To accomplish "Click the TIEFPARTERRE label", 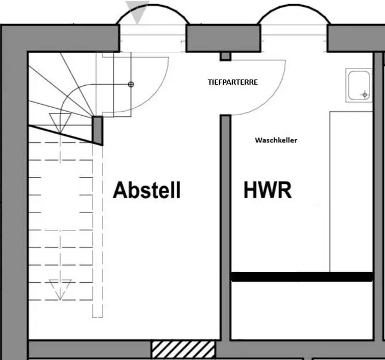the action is point(232,82).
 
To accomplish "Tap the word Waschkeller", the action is point(276,141).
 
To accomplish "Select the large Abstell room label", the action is point(147,190).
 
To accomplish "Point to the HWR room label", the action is point(268,190).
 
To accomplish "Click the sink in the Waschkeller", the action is point(359,85).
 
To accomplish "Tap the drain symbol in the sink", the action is point(365,94).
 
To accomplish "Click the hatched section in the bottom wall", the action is point(183,349).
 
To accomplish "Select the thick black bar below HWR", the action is point(302,276).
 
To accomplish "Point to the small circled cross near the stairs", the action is point(131,85).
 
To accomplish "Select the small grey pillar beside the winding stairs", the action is point(97,131).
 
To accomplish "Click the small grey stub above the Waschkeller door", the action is point(225,56).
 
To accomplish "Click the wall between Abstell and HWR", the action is point(225,228).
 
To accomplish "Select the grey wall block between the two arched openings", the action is point(223,38).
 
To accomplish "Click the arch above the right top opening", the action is point(294,5).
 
